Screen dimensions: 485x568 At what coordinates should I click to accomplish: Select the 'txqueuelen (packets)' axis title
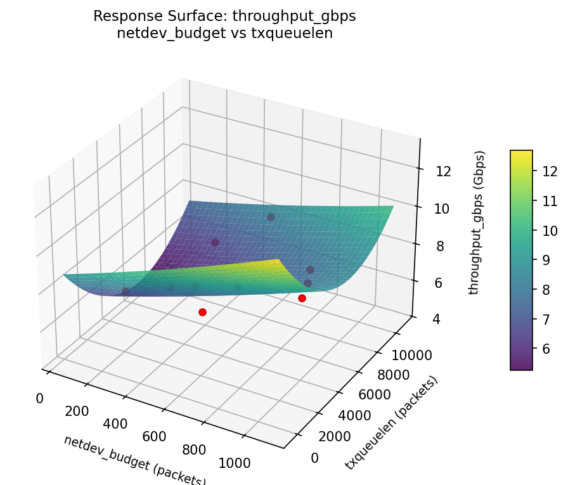pos(392,423)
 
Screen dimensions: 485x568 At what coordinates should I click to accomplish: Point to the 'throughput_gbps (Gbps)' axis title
pos(480,223)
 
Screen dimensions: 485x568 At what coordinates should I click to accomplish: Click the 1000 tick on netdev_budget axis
pos(235,463)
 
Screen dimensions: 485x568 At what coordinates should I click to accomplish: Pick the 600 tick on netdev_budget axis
pos(154,436)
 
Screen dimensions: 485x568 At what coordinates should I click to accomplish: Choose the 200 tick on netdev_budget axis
pos(77,411)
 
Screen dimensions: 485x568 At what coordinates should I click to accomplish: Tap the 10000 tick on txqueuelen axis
pos(413,356)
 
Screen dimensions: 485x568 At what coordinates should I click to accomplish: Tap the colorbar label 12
pos(550,171)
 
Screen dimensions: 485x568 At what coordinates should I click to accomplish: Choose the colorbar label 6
pos(550,348)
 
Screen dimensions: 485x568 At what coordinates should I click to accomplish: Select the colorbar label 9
pos(550,259)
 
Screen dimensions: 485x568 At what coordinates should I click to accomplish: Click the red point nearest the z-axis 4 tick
pos(302,298)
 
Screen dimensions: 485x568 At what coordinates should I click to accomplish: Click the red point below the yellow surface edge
pos(202,312)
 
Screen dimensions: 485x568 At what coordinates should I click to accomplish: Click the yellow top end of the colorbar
pos(521,153)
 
